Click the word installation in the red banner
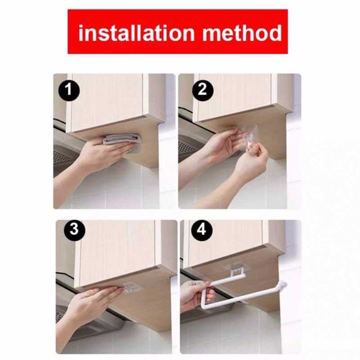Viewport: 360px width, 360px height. (x=137, y=33)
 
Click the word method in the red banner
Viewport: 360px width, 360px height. (x=242, y=33)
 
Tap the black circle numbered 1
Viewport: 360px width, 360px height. (x=69, y=90)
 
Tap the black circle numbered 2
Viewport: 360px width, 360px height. (x=202, y=90)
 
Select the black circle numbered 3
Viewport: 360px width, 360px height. (x=74, y=229)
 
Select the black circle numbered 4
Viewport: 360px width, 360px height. (x=202, y=229)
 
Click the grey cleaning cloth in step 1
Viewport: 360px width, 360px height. (x=121, y=140)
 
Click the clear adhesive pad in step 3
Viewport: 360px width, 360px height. (x=131, y=288)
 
